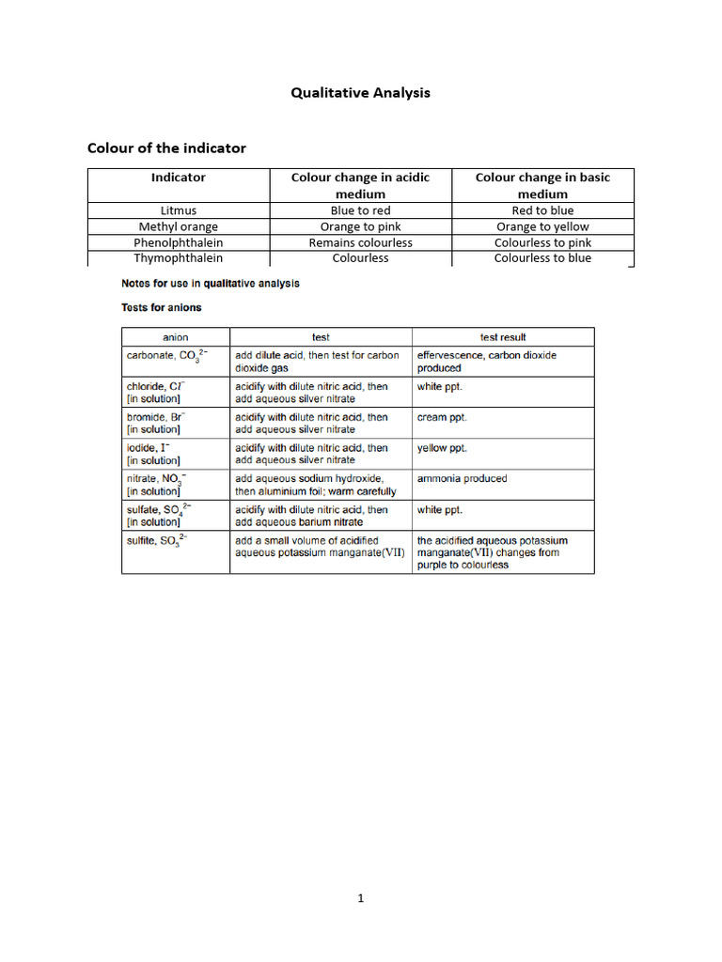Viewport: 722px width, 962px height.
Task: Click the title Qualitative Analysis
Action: tap(360, 92)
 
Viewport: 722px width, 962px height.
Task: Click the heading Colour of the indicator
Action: tap(166, 147)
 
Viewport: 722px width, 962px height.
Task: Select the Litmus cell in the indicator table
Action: tap(179, 210)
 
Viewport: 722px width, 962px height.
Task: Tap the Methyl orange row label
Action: tap(179, 226)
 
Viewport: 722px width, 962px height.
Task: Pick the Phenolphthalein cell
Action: tap(179, 242)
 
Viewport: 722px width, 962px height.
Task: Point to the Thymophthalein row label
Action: tap(179, 257)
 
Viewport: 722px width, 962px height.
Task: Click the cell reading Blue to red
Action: tap(360, 210)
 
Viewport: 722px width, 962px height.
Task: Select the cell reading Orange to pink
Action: tap(360, 226)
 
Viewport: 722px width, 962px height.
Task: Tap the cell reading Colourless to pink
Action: tap(542, 242)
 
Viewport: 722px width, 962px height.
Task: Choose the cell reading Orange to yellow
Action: tap(542, 226)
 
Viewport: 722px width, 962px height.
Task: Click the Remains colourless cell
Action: tap(360, 242)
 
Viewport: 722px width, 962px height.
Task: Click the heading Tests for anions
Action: tap(162, 307)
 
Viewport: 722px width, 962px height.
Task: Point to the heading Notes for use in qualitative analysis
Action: tap(211, 283)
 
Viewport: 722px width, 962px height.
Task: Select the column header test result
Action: tap(503, 337)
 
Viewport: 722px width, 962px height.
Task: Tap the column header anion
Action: tap(176, 337)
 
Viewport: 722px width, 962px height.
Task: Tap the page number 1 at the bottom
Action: tap(360, 898)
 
